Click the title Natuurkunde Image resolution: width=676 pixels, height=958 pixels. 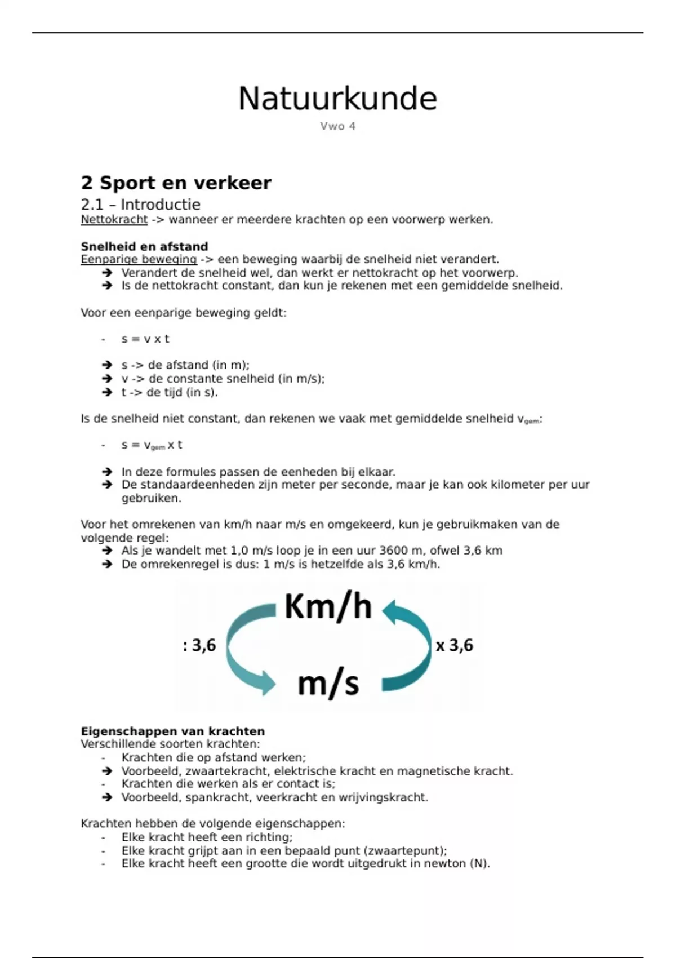point(337,99)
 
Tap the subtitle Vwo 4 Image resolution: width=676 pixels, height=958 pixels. point(337,126)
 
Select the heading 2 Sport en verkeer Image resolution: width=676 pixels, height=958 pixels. point(176,183)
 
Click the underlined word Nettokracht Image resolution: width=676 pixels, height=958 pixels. point(114,219)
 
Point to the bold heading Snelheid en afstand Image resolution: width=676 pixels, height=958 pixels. point(144,246)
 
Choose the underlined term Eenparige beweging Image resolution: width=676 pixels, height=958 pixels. point(139,259)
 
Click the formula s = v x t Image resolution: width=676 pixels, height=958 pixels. point(145,339)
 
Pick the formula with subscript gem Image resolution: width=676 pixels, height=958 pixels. point(152,445)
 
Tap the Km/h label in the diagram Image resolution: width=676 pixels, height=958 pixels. point(328,607)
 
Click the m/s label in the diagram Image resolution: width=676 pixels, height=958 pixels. point(328,683)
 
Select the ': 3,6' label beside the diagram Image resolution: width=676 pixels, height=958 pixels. point(199,645)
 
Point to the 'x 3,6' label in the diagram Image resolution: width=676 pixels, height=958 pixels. point(455,645)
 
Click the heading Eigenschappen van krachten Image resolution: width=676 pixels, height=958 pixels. point(172,731)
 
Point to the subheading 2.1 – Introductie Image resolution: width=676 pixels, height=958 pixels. point(140,204)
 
